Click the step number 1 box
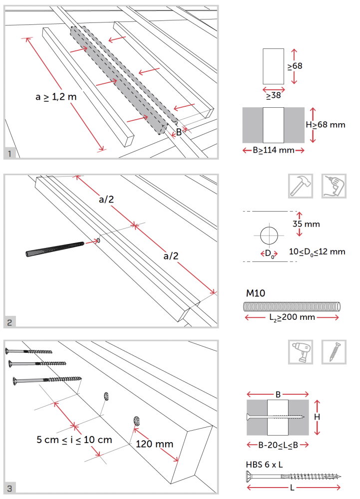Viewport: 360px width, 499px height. tap(10, 153)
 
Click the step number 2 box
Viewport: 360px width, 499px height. tap(10, 322)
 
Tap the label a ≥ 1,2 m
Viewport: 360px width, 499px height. tap(56, 97)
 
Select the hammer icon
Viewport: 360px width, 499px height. tap(301, 186)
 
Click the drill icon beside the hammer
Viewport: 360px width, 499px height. tap(334, 186)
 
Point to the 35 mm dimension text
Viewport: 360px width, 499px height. tap(306, 224)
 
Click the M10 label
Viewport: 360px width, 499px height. tap(255, 292)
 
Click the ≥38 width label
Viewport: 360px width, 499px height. tap(273, 95)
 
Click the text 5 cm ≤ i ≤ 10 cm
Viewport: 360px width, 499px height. tap(74, 440)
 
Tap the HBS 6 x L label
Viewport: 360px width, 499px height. tap(264, 464)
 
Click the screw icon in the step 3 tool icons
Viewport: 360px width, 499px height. tap(334, 352)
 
